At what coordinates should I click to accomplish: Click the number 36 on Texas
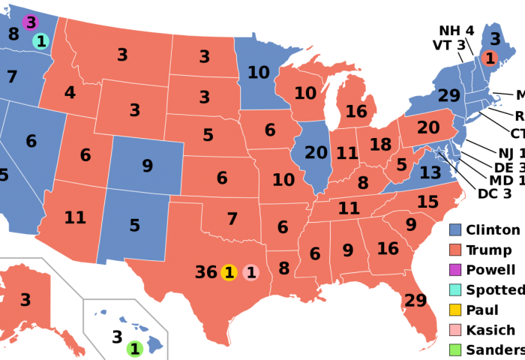click(x=205, y=272)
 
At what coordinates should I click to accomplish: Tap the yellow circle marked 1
click(x=229, y=272)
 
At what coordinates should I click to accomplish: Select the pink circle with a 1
click(x=251, y=272)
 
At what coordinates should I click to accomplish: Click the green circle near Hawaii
click(x=134, y=349)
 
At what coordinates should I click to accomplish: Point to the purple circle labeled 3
click(x=30, y=22)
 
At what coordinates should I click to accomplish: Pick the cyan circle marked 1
click(x=40, y=41)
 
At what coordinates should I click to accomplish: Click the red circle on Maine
click(x=490, y=58)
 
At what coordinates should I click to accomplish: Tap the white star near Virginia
click(x=439, y=152)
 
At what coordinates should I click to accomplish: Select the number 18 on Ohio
click(x=380, y=145)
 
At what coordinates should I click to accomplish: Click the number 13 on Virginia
click(x=430, y=173)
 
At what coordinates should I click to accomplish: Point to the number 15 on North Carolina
click(x=427, y=202)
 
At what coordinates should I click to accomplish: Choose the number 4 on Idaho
click(x=70, y=93)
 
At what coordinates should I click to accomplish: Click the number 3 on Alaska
click(x=25, y=300)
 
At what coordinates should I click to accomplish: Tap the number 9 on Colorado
click(x=147, y=166)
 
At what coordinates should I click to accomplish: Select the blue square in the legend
click(x=454, y=229)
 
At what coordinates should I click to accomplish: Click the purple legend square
click(x=454, y=269)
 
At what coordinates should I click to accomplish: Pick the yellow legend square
click(x=454, y=309)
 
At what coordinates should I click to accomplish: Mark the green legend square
click(x=454, y=349)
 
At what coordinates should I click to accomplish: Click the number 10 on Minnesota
click(x=258, y=73)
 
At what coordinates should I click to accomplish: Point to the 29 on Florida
click(x=415, y=301)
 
